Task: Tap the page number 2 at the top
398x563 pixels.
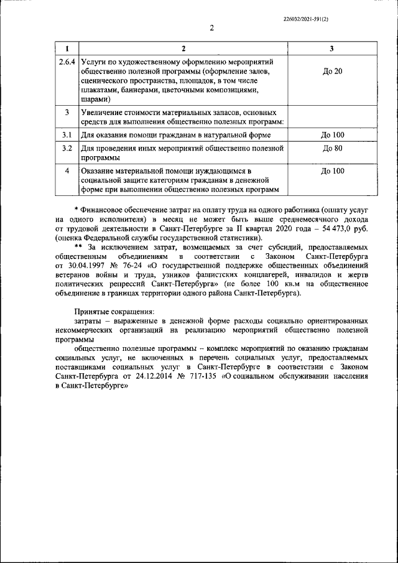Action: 211,27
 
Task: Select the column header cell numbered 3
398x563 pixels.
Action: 332,49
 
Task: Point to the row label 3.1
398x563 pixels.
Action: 67,135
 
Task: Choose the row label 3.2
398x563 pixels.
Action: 67,149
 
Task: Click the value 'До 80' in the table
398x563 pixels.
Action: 332,149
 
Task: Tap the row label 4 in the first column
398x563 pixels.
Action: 67,170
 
